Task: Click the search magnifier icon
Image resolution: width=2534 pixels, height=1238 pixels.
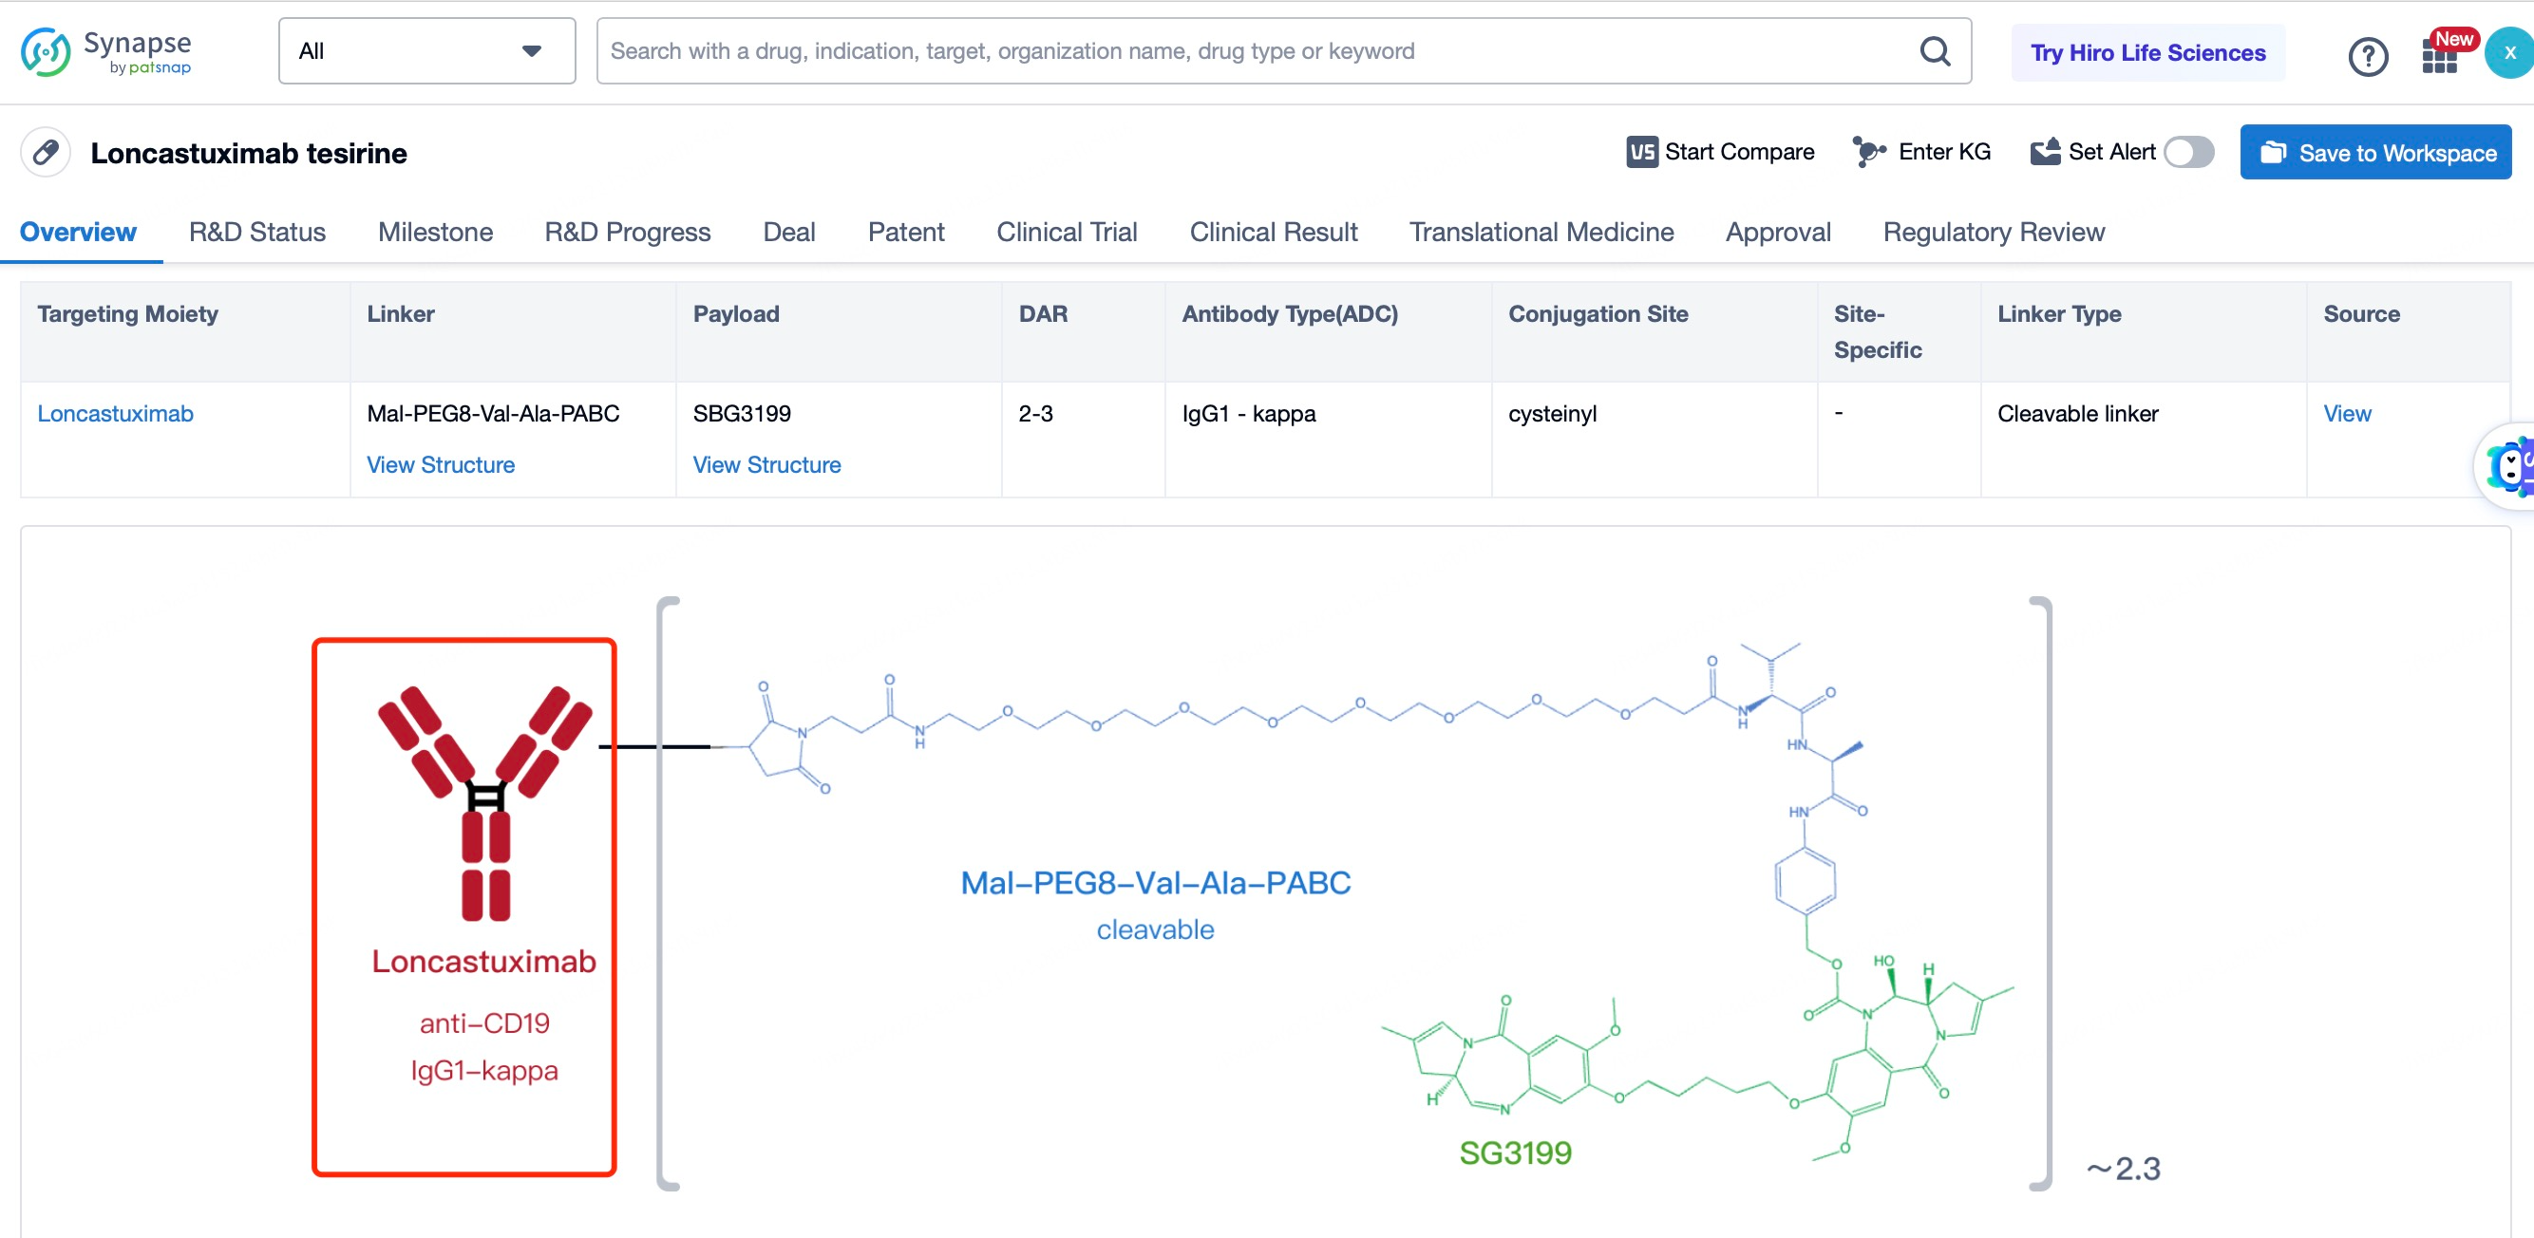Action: [1934, 51]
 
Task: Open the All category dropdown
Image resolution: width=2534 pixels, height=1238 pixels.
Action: [427, 51]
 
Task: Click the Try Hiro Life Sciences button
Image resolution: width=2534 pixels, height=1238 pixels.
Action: [2147, 53]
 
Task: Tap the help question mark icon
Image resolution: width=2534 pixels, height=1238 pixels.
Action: [2368, 56]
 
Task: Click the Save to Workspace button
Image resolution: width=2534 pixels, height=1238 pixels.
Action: [2375, 153]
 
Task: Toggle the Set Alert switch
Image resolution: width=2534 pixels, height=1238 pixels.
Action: [2188, 153]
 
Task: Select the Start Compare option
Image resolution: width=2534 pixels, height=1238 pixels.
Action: [1720, 153]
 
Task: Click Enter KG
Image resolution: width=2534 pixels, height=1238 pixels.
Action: [1921, 153]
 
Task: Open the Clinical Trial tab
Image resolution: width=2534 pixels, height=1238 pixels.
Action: [1067, 232]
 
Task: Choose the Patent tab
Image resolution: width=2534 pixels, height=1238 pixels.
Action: [906, 232]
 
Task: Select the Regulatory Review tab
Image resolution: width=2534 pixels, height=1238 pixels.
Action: [1994, 232]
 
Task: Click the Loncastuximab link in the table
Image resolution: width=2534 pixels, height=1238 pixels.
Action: [115, 414]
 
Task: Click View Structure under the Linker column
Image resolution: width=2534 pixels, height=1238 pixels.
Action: [441, 465]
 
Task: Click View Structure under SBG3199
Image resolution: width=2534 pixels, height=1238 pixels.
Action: [767, 465]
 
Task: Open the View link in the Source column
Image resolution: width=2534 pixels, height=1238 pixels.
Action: [2347, 414]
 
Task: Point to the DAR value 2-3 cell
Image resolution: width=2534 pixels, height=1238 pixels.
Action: [1036, 414]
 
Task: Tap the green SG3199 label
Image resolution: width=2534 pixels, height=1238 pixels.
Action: [1515, 1153]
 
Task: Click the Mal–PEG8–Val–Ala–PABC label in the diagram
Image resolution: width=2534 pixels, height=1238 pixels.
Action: [1156, 883]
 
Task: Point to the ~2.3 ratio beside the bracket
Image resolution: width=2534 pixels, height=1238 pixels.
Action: [2124, 1169]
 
